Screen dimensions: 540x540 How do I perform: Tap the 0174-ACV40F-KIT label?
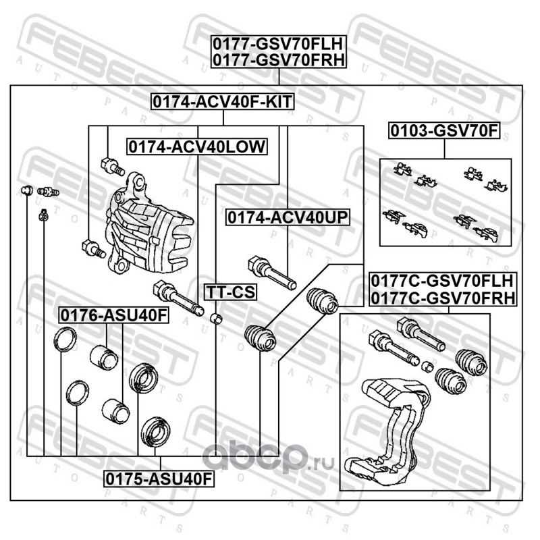click(224, 102)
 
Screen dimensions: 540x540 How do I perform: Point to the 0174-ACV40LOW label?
click(198, 146)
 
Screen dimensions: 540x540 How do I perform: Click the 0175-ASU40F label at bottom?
click(159, 479)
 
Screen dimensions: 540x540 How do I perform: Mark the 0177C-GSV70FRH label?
click(442, 296)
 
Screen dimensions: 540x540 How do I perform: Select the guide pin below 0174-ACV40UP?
click(271, 271)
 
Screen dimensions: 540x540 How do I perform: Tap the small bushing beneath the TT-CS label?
click(217, 317)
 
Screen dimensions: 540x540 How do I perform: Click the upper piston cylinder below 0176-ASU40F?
click(104, 354)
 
